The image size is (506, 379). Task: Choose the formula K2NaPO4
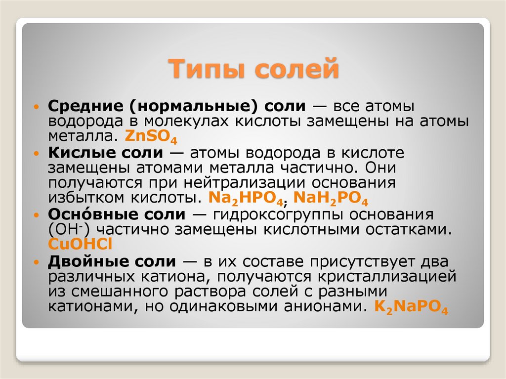(x=411, y=307)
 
